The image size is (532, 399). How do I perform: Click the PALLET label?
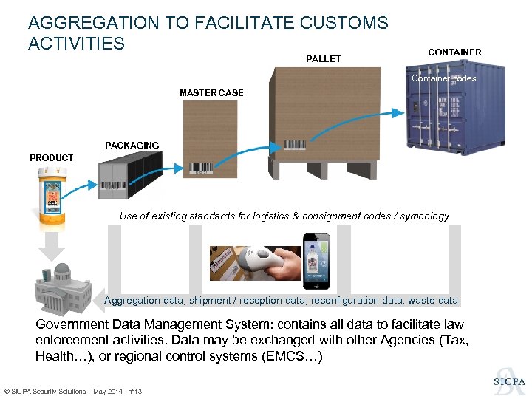(323, 58)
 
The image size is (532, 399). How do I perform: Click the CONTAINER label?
(454, 52)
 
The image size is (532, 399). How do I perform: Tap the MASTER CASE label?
(211, 92)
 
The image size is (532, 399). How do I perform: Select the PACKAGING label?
(132, 145)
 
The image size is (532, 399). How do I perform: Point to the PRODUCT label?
(51, 157)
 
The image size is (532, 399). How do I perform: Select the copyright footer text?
(73, 390)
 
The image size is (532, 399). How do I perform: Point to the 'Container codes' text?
(444, 78)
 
